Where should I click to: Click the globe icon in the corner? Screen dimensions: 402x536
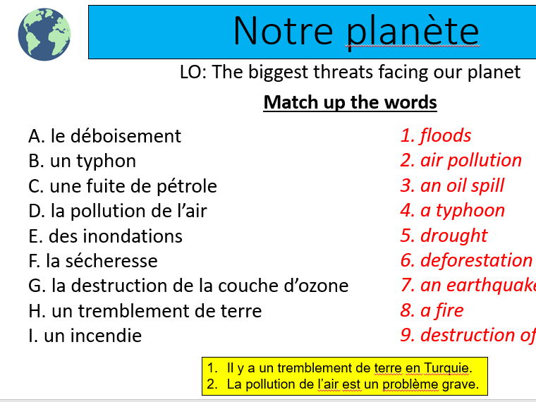pos(44,33)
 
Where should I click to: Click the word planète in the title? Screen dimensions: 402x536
pos(413,31)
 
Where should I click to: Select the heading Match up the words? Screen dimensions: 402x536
pos(350,102)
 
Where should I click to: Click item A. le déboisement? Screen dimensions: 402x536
pos(104,136)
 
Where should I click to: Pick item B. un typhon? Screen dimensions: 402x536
pos(82,161)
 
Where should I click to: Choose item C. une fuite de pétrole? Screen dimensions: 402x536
pos(122,186)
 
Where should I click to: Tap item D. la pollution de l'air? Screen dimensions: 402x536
pos(117,211)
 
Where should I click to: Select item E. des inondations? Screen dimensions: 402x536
pos(105,236)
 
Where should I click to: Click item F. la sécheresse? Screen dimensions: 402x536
pos(92,261)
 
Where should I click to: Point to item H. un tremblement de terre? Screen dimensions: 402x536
pos(145,311)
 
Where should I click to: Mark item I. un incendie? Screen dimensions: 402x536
pos(85,336)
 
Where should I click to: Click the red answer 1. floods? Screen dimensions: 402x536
pos(436,135)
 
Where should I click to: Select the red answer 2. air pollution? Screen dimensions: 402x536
pos(461,160)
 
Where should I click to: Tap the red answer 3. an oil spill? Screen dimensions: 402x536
pos(452,185)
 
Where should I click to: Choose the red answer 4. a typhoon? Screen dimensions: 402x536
pos(452,210)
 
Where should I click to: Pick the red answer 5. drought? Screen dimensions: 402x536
pos(444,235)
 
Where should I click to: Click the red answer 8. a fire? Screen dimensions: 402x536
pos(432,310)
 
